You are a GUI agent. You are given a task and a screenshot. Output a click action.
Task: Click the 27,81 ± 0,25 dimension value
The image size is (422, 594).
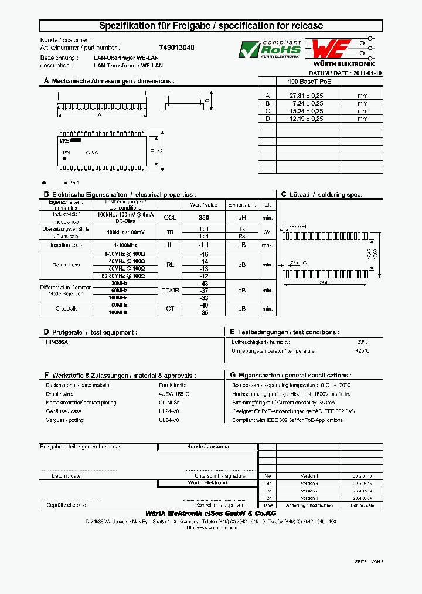[x=306, y=95]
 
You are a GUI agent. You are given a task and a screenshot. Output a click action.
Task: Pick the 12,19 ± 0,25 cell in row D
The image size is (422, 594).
[x=306, y=118]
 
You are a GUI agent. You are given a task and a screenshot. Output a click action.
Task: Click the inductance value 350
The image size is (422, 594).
[x=204, y=217]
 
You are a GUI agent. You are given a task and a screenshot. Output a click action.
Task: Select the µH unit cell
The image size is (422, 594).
[x=241, y=217]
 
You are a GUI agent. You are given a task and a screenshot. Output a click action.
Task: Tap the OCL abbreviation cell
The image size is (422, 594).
[x=170, y=217]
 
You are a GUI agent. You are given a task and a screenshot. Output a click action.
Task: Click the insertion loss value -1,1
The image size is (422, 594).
[x=204, y=245]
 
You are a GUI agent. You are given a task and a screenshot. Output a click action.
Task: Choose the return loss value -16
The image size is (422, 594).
[x=204, y=254]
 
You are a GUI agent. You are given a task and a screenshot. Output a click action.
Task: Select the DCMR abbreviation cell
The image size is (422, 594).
[x=170, y=291]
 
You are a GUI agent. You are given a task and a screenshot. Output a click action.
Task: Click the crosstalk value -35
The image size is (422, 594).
[x=204, y=312]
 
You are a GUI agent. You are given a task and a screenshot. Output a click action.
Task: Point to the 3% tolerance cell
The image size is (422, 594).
[x=267, y=232]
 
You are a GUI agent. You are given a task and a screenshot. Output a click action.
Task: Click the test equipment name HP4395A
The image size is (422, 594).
[x=57, y=342]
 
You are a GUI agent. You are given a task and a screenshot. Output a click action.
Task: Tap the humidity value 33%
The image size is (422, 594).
[x=362, y=342]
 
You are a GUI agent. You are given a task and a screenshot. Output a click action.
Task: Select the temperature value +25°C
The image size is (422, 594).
[x=362, y=350]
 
